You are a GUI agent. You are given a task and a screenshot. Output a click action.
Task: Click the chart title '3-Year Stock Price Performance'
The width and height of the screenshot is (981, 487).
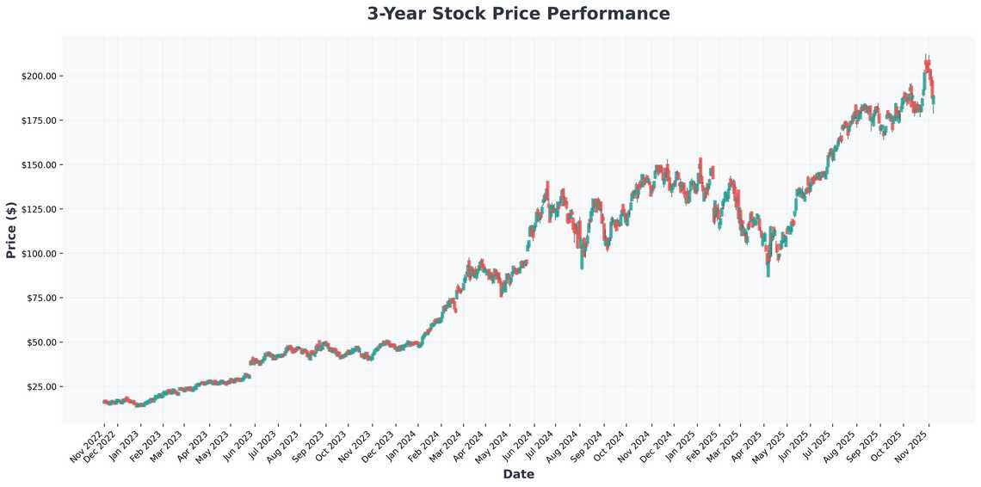[x=518, y=14]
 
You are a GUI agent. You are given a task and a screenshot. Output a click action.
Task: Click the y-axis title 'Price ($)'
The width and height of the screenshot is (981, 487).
[x=11, y=229]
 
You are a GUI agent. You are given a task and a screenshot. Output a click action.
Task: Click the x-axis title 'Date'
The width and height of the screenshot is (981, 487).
[x=518, y=474]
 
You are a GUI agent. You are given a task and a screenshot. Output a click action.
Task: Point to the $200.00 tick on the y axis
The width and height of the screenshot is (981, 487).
[x=39, y=76]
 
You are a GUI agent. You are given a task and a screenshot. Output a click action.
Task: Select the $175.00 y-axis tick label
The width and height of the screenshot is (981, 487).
[x=39, y=120]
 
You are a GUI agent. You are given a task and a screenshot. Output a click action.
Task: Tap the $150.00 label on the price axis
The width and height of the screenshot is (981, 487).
[x=39, y=164]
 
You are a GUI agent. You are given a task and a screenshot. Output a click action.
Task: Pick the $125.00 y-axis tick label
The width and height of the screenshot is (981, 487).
[x=39, y=209]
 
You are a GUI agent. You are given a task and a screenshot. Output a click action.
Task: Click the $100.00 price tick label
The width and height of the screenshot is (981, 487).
[x=39, y=254]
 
